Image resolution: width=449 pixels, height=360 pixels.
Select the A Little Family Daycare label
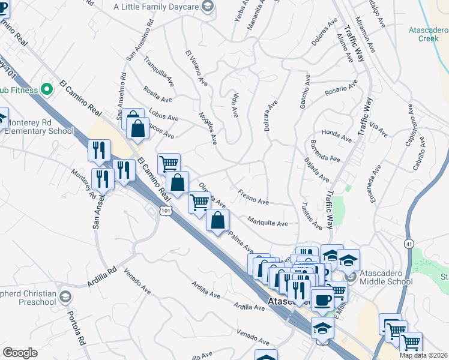pos(157,7)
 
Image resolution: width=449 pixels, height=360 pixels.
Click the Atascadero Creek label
pos(429,33)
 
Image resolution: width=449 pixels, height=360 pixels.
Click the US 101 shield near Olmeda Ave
pos(167,211)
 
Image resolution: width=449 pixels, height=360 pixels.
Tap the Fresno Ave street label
pos(253,198)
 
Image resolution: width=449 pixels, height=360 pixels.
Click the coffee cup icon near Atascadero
pos(322,300)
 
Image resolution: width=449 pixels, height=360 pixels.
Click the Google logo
pos(20,353)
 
